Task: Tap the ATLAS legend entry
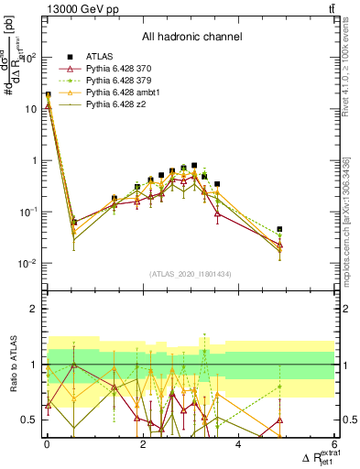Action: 100,57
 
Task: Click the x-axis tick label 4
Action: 238,445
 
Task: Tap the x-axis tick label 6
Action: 334,445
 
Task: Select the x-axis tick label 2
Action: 143,445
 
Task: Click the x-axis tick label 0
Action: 48,445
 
